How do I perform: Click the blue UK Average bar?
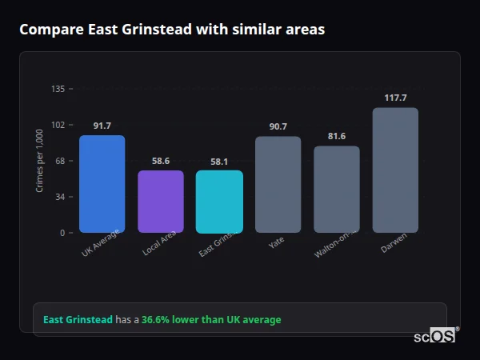click(x=102, y=184)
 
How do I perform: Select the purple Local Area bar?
click(x=161, y=202)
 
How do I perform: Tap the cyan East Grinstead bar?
click(x=219, y=202)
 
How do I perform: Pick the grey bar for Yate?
click(x=278, y=185)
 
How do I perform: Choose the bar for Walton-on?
click(x=337, y=190)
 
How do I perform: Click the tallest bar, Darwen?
click(x=395, y=170)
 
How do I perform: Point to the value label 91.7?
click(x=102, y=126)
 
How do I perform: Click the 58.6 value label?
click(x=161, y=161)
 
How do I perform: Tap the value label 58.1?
click(x=219, y=162)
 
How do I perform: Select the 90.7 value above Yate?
click(x=278, y=126)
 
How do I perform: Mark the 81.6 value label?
click(x=337, y=136)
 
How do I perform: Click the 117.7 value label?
click(x=395, y=98)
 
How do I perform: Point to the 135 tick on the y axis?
click(x=58, y=89)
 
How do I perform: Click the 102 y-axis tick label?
click(x=58, y=125)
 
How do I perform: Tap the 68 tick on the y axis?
click(x=59, y=161)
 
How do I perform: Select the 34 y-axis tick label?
click(x=59, y=197)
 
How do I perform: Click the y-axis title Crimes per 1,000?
click(x=40, y=161)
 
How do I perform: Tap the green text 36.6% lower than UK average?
click(x=211, y=320)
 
